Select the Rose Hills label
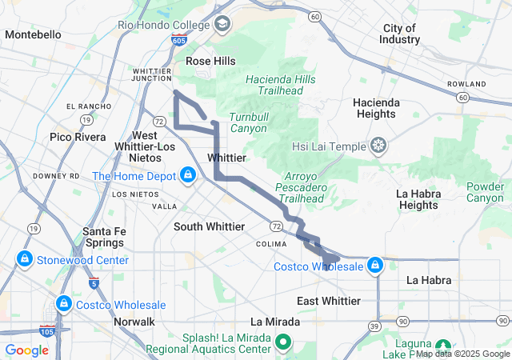point(210,61)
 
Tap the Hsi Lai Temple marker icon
point(378,146)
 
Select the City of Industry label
point(401,34)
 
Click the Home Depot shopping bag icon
point(186,174)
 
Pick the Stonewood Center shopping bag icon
point(25,260)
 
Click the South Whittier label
point(210,226)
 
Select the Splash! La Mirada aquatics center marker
point(283,343)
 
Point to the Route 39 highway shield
point(374,326)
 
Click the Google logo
point(26,350)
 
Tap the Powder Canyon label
point(485,192)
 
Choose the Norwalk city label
point(134,322)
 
